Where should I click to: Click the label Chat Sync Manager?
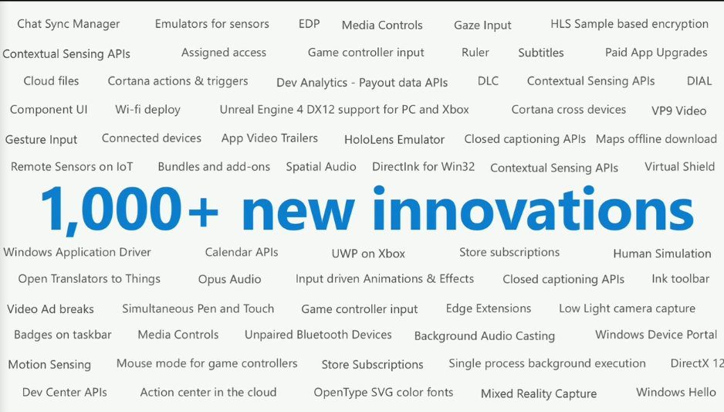point(69,25)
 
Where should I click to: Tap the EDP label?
point(309,24)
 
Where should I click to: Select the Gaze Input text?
point(482,26)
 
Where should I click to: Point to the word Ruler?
point(475,53)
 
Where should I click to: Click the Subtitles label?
point(541,53)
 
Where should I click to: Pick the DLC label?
point(488,81)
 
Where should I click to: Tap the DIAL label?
point(699,81)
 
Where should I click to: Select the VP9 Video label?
point(678,111)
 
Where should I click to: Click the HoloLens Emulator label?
point(394,139)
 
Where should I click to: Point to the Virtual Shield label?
point(680,166)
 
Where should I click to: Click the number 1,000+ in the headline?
point(130,209)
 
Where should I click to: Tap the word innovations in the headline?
point(533,208)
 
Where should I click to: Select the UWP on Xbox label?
point(368,254)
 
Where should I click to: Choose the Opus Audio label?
point(229,280)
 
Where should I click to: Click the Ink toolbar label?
point(680,279)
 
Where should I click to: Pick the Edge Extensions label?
point(489,308)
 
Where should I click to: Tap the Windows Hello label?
point(676,392)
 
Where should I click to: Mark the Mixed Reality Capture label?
point(539,394)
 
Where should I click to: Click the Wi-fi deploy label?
point(147,110)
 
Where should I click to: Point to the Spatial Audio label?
point(321,167)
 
